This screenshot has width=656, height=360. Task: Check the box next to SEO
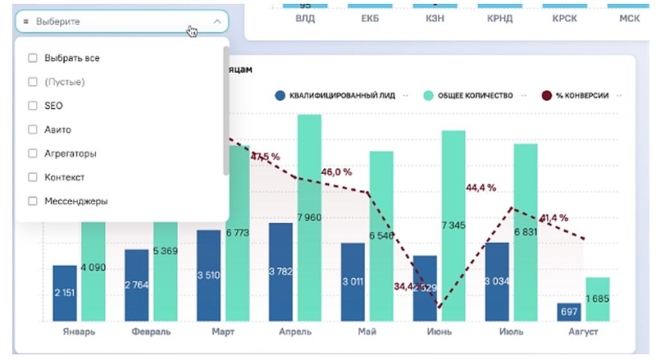33,106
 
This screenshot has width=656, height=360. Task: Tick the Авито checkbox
33,130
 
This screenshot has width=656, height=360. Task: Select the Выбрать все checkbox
33,58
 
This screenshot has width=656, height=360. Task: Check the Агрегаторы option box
33,153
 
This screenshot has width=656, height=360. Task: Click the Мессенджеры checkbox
33,201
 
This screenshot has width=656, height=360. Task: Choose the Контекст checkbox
33,177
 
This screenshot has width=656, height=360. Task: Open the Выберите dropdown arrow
216,21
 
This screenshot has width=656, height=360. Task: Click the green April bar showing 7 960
309,217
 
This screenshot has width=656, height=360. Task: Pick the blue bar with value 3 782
280,271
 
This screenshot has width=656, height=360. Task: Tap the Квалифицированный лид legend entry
335,95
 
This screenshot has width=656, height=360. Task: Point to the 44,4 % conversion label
481,188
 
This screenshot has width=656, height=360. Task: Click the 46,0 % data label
336,172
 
